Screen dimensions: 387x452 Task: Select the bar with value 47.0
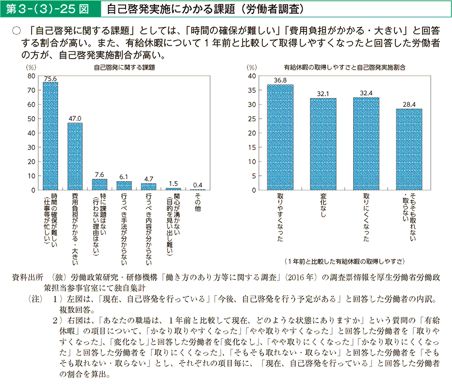pos(75,156)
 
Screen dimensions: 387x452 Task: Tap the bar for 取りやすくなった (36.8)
pos(280,137)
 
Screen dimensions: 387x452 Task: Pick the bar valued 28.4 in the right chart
pos(409,149)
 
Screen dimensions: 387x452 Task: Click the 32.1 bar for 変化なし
pos(323,144)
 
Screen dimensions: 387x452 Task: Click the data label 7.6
pos(99,174)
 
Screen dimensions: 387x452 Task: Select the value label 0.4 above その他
pos(197,185)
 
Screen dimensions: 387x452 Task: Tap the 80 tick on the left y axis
pos(32,76)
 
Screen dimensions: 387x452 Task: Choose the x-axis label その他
pos(197,202)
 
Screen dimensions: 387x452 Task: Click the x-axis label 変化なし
pos(323,206)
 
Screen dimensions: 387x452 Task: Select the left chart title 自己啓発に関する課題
pos(124,68)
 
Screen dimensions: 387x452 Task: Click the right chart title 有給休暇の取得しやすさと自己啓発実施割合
pos(345,68)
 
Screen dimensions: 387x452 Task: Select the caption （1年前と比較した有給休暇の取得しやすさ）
pos(345,262)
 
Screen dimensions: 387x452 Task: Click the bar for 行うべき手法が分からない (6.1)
pos(124,186)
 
